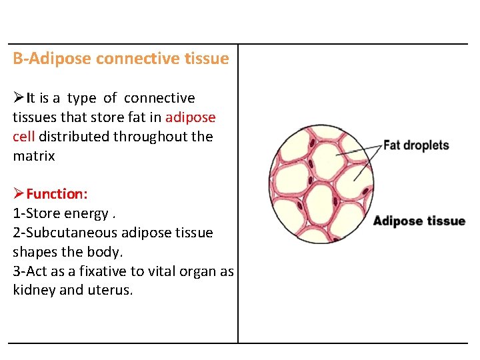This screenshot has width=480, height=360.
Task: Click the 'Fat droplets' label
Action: pos(416,145)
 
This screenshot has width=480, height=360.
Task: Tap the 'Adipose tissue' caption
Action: pos(419,221)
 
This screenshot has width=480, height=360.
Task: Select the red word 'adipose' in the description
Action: pos(191,117)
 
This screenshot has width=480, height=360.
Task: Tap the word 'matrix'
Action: pos(34,156)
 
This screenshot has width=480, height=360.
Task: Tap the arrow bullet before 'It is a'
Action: pos(19,98)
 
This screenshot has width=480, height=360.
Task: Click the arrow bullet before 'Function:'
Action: pos(19,194)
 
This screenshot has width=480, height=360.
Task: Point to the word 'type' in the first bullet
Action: pos(81,98)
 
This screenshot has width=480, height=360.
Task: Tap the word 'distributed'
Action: pos(74,137)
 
